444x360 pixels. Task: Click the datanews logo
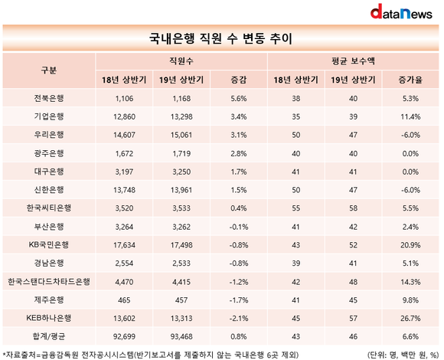click(401, 11)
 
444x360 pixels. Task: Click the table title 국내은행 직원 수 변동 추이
click(220, 38)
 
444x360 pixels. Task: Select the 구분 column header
click(49, 70)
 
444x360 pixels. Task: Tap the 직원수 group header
click(181, 61)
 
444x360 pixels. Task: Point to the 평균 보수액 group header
click(353, 61)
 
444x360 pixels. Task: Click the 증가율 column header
click(410, 80)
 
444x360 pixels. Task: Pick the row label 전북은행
click(49, 98)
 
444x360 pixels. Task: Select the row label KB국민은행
click(49, 244)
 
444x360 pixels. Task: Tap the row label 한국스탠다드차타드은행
click(49, 282)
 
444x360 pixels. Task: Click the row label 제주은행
click(49, 299)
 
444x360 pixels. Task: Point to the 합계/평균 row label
click(49, 336)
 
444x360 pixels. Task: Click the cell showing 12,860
click(124, 116)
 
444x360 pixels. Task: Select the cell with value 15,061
click(181, 135)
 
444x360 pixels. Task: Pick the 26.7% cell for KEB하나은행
click(410, 318)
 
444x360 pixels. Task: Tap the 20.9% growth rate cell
click(410, 245)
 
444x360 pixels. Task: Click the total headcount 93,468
click(181, 336)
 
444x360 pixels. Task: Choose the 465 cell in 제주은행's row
click(124, 300)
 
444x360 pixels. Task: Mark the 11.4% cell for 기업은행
click(410, 116)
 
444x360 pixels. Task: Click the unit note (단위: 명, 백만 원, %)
click(403, 355)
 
